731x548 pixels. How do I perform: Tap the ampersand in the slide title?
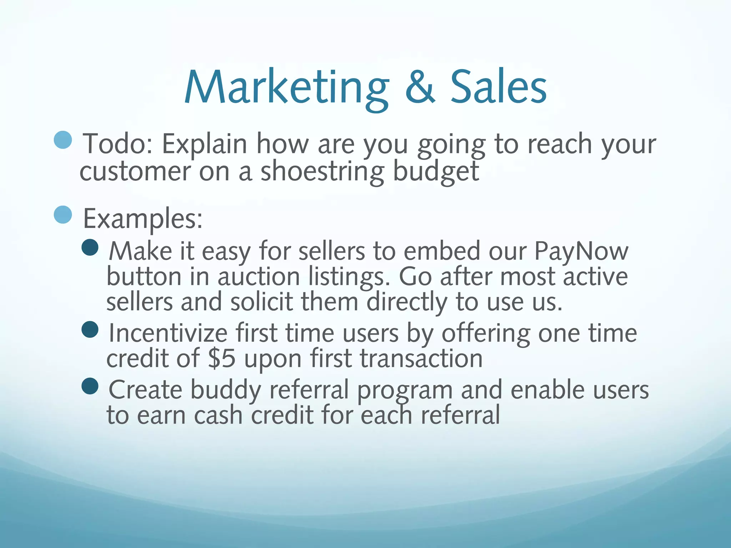(x=420, y=87)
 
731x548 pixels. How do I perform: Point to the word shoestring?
(x=322, y=172)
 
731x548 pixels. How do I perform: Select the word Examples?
(x=143, y=219)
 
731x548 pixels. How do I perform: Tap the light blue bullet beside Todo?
(x=63, y=140)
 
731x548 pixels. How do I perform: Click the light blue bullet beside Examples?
(x=63, y=215)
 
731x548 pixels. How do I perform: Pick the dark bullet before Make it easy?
(x=90, y=248)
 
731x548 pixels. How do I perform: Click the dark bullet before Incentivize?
(x=90, y=329)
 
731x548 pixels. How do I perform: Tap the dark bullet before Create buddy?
(x=90, y=386)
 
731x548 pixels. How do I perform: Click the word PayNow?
(x=581, y=252)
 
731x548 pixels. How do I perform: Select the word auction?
(x=259, y=277)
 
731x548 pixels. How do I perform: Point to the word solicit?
(x=261, y=302)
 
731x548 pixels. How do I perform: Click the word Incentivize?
(x=168, y=333)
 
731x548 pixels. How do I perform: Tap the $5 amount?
(x=222, y=359)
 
